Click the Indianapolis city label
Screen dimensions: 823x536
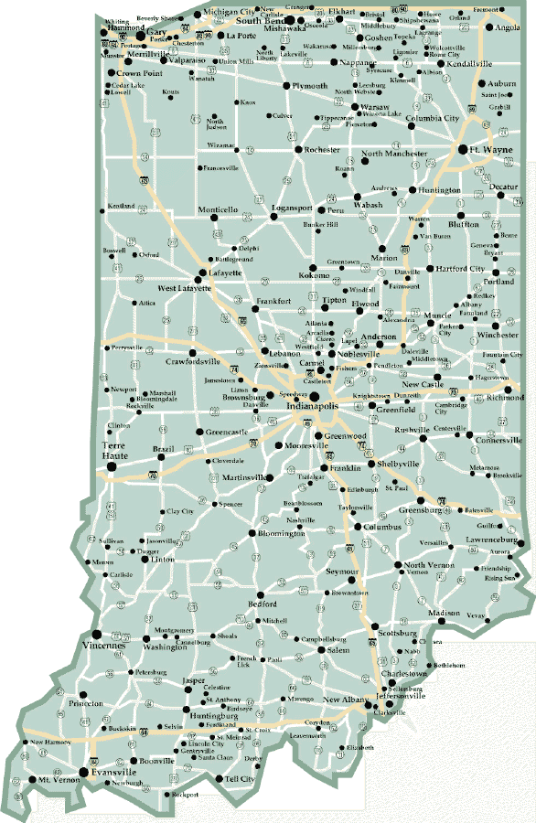click(312, 405)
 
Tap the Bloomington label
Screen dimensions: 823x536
click(281, 533)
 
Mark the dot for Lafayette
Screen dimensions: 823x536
click(203, 273)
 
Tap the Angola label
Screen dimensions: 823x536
click(509, 28)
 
